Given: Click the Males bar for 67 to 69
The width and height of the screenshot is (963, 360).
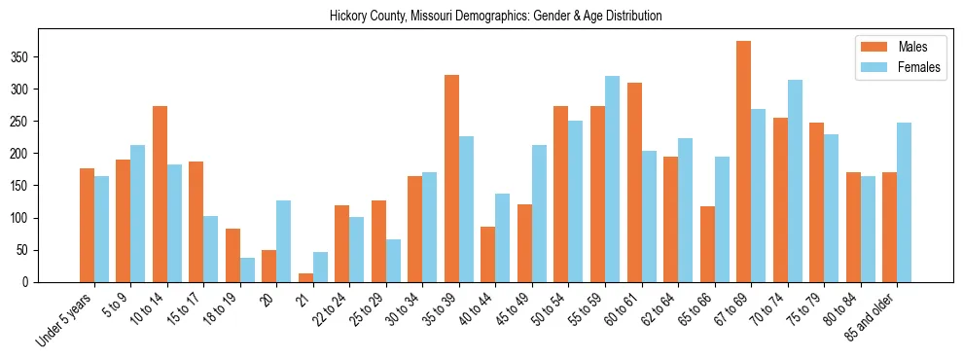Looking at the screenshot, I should (743, 162).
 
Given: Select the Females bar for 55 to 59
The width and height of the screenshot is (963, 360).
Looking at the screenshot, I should (612, 179).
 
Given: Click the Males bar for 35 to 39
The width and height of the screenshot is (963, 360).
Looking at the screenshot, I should (451, 178).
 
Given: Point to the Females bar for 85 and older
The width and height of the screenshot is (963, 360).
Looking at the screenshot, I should (904, 202).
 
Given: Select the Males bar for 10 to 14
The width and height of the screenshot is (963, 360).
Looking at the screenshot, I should (160, 194).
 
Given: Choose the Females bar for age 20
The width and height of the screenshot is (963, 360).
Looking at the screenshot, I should (284, 241).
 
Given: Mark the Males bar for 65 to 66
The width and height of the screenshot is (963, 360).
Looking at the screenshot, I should (707, 244).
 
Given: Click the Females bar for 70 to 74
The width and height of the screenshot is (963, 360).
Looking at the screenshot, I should (795, 181).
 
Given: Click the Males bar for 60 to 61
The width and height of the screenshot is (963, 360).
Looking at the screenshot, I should (634, 182).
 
